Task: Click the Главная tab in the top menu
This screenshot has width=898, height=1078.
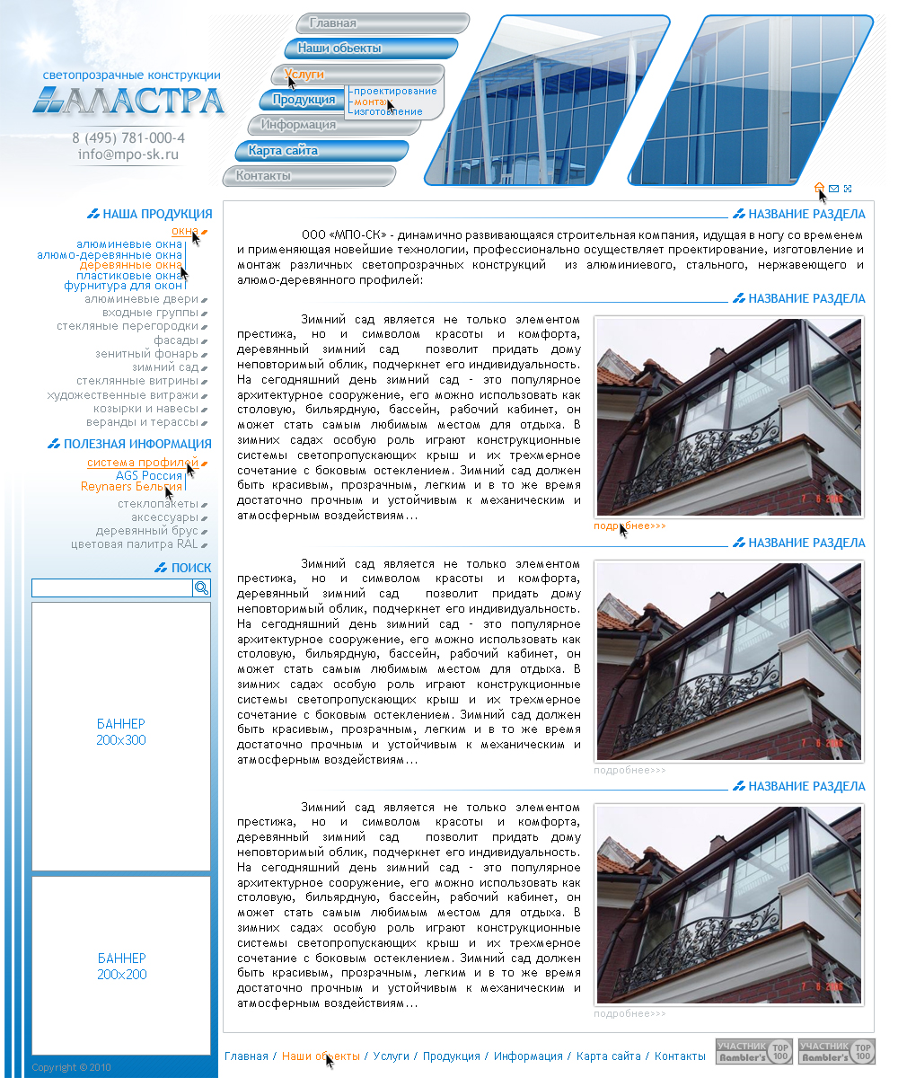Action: pyautogui.click(x=333, y=23)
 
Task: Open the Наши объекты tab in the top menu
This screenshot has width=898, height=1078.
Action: pyautogui.click(x=339, y=49)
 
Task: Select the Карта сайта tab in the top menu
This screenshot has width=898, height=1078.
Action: pyautogui.click(x=283, y=151)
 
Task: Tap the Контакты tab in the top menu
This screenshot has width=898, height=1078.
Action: pyautogui.click(x=263, y=176)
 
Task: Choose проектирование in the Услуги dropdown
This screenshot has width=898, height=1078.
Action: pyautogui.click(x=395, y=91)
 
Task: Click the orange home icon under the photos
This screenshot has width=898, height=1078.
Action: pyautogui.click(x=819, y=188)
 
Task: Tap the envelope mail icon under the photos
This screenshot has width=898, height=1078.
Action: pyautogui.click(x=834, y=189)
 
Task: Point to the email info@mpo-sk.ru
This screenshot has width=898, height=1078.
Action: pyautogui.click(x=128, y=154)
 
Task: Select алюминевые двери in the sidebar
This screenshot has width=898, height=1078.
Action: pyautogui.click(x=141, y=299)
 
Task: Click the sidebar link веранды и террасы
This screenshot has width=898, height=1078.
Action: pyautogui.click(x=142, y=421)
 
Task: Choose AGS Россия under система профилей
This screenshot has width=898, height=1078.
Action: pyautogui.click(x=149, y=475)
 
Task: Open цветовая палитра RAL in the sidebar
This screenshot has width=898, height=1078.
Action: pyautogui.click(x=135, y=544)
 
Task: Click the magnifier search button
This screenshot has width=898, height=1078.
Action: pyautogui.click(x=202, y=588)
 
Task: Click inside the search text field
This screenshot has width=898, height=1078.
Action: pyautogui.click(x=112, y=588)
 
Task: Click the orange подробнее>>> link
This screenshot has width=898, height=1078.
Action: pyautogui.click(x=629, y=526)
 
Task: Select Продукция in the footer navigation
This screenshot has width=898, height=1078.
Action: pyautogui.click(x=452, y=1056)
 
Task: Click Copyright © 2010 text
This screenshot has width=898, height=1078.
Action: pyautogui.click(x=71, y=1067)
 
